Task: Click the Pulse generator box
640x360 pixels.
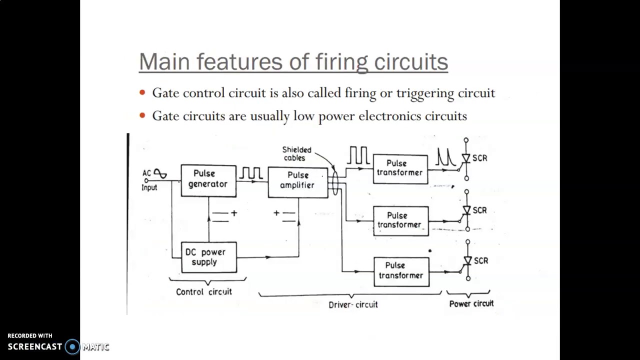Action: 208,180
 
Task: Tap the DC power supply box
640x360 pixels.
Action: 208,257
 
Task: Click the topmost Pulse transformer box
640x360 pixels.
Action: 400,168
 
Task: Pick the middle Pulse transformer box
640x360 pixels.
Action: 400,220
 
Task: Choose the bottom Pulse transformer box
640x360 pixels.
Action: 401,271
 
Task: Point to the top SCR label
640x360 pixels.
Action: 479,158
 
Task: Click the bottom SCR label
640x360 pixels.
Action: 480,260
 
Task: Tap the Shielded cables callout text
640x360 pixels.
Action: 296,153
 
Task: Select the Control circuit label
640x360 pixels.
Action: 203,291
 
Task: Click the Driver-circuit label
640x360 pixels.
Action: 353,304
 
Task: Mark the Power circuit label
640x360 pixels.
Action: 471,303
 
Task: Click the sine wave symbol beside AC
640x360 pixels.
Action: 160,173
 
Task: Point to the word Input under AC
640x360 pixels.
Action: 149,187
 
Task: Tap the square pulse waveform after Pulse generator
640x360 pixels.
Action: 251,173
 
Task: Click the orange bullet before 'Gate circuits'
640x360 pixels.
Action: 142,116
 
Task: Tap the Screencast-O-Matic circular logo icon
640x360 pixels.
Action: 72,346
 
